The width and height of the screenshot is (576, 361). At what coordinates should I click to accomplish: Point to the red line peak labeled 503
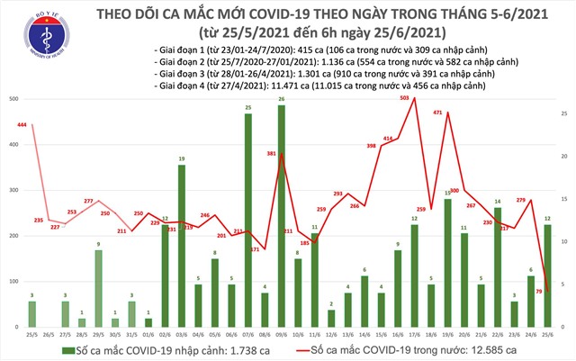(414, 98)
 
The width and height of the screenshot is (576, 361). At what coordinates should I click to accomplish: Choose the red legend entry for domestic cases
(424, 347)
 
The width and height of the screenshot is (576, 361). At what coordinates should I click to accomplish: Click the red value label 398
(371, 146)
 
